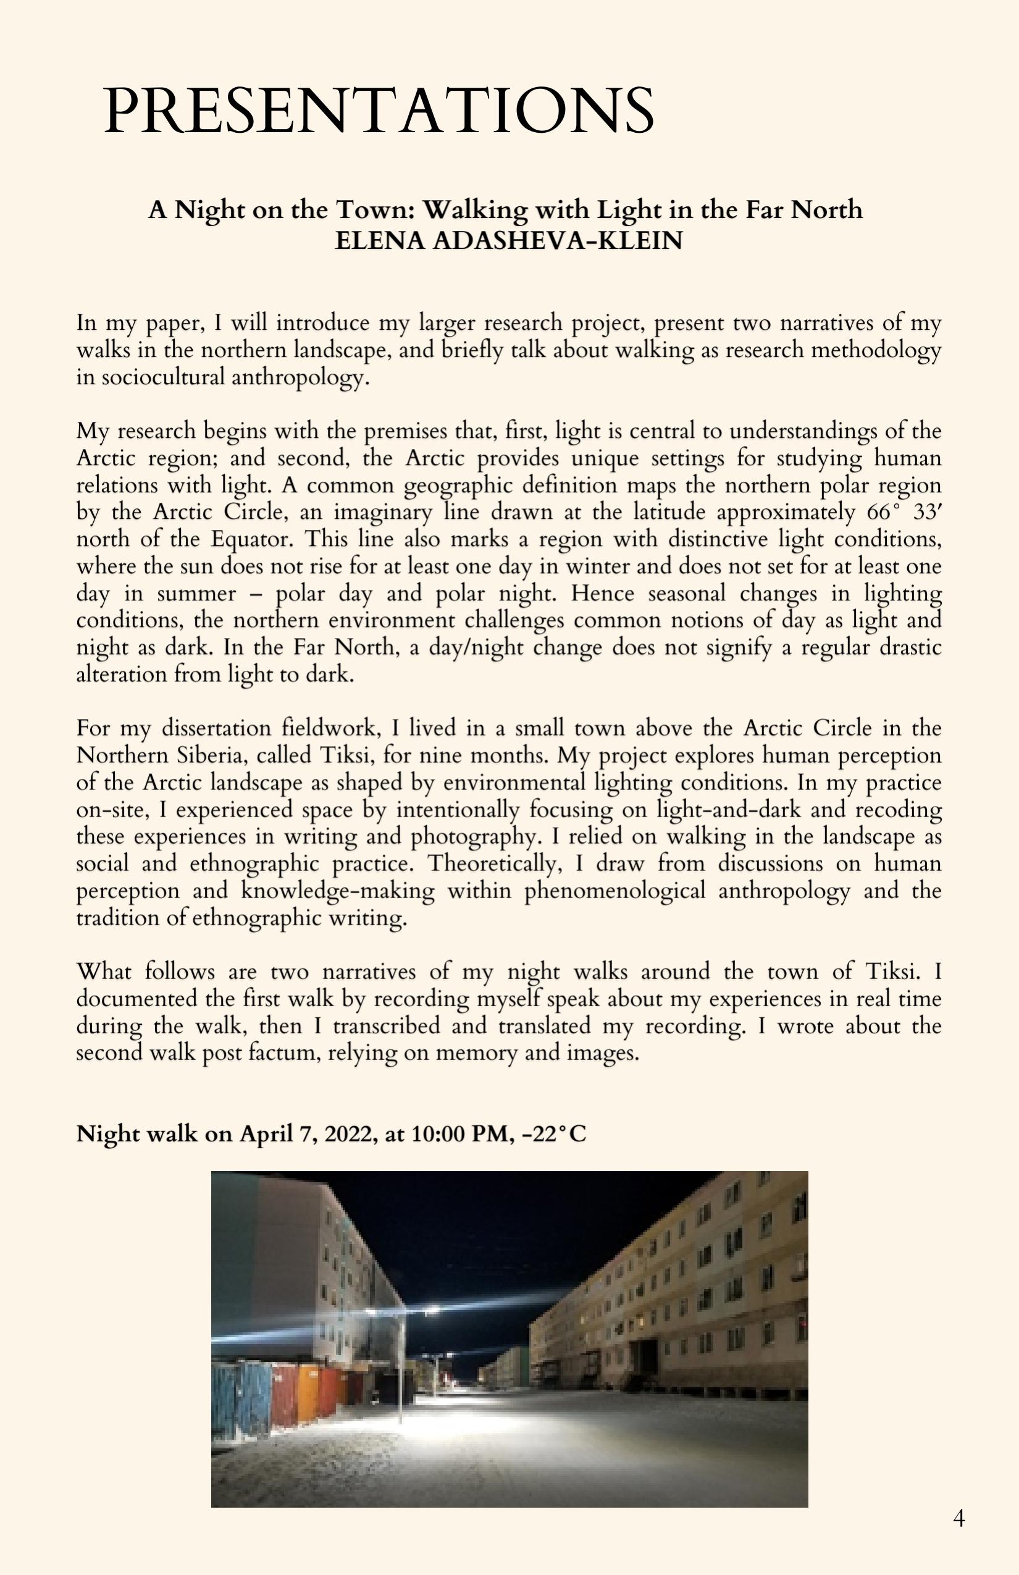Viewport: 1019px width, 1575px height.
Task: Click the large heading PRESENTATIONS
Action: (x=379, y=110)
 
